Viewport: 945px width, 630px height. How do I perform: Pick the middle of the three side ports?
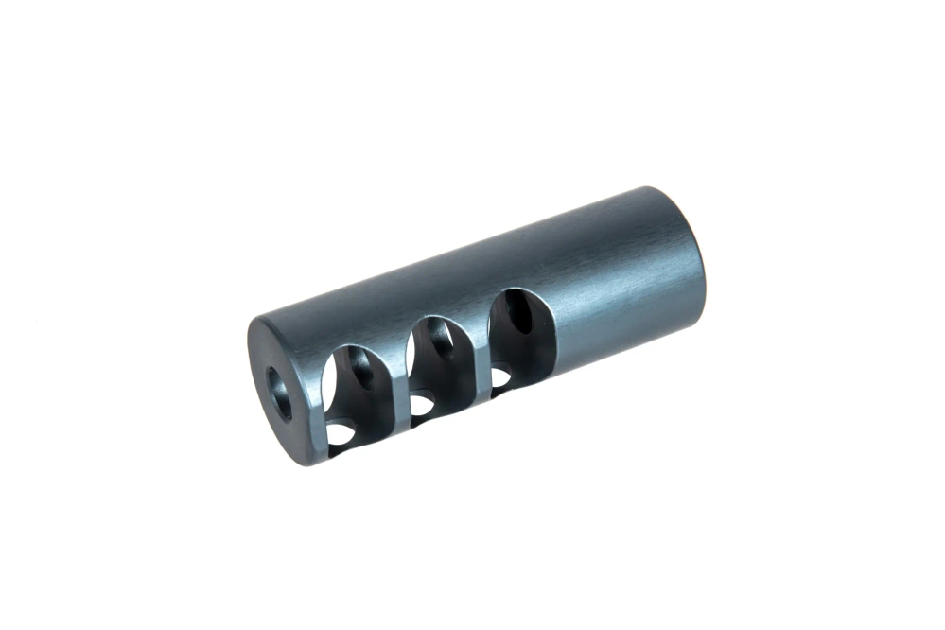pos(439,364)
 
